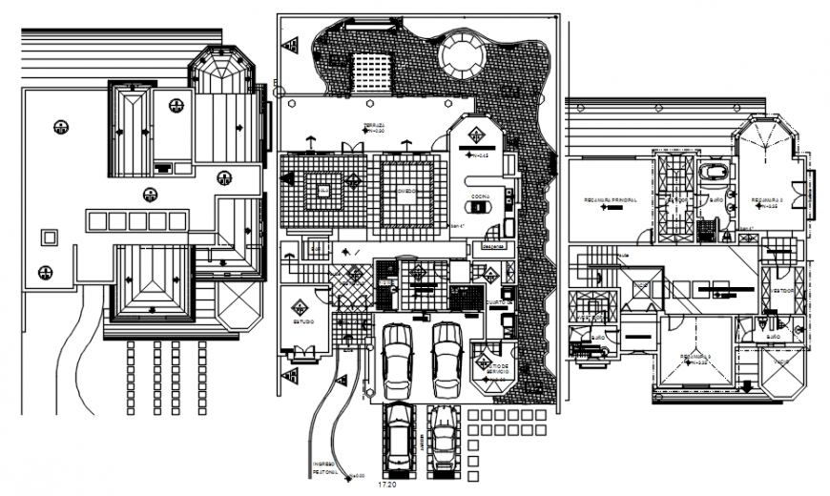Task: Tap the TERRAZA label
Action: click(373, 125)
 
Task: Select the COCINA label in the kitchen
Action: click(479, 195)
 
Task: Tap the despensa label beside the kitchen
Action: click(492, 245)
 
